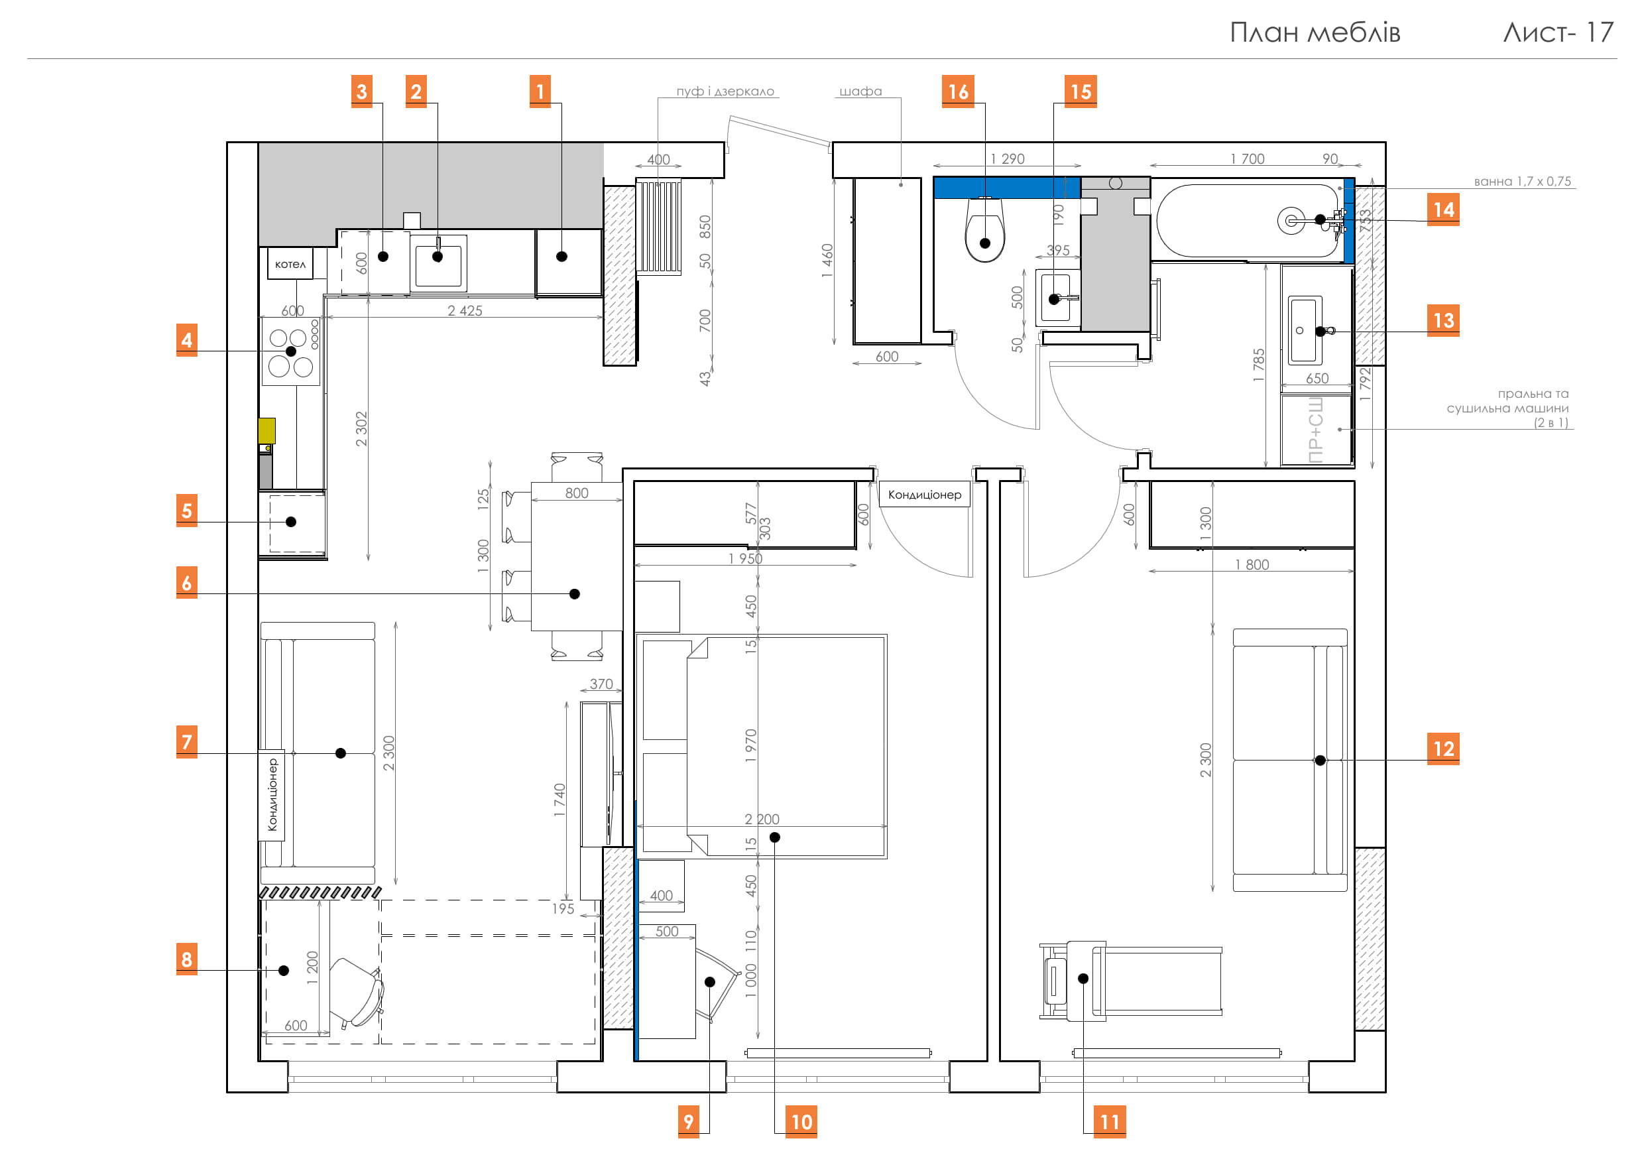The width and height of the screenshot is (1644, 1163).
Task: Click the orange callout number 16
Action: (958, 91)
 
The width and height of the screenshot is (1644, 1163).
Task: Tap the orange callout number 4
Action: (187, 339)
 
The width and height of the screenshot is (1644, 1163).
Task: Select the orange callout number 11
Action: (1110, 1121)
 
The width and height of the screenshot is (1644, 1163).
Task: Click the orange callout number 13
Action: (1442, 320)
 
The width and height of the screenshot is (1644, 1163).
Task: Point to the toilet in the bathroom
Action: (984, 229)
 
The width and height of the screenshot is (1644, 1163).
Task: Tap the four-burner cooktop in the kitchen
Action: (291, 351)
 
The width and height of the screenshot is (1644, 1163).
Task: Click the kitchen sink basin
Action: (438, 261)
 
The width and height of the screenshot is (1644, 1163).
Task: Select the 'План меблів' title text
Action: (1315, 33)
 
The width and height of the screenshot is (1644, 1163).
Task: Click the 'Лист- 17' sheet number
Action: (1558, 32)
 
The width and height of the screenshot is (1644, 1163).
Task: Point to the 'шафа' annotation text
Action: (860, 92)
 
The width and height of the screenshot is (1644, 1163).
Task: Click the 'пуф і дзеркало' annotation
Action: (725, 92)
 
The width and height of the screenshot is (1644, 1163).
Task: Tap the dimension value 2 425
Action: (465, 311)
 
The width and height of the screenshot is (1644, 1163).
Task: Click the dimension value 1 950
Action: (745, 558)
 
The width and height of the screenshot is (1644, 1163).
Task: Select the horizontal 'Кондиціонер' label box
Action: (924, 495)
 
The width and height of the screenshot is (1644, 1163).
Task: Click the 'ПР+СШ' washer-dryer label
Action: (1315, 430)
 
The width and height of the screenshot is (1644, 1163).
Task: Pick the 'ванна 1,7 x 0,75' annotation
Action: (1522, 182)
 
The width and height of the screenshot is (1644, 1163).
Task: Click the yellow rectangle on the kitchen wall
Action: (266, 430)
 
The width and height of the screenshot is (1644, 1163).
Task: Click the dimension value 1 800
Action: (1252, 564)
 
